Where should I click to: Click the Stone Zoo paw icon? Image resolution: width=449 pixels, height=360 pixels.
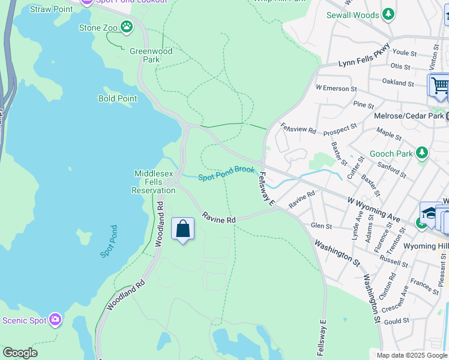(x=126, y=27)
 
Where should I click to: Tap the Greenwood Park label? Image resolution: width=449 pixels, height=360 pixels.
(x=151, y=55)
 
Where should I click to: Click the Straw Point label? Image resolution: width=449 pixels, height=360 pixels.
(x=51, y=9)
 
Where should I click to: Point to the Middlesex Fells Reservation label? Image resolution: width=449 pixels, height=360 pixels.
(x=154, y=182)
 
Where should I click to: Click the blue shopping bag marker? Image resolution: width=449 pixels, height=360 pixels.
(x=182, y=229)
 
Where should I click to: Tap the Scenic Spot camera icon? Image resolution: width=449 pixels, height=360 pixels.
(x=56, y=320)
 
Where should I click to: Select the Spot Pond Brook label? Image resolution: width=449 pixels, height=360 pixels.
(x=227, y=173)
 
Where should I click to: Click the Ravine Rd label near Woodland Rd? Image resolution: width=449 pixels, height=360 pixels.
(x=218, y=217)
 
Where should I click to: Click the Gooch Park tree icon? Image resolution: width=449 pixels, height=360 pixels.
(x=423, y=154)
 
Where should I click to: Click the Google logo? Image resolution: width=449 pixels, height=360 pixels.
(x=20, y=353)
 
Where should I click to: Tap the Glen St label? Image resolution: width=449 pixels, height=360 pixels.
(x=322, y=226)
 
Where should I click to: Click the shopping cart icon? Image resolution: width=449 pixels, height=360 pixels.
(x=439, y=85)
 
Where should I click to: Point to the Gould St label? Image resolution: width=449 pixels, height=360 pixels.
(x=397, y=322)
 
